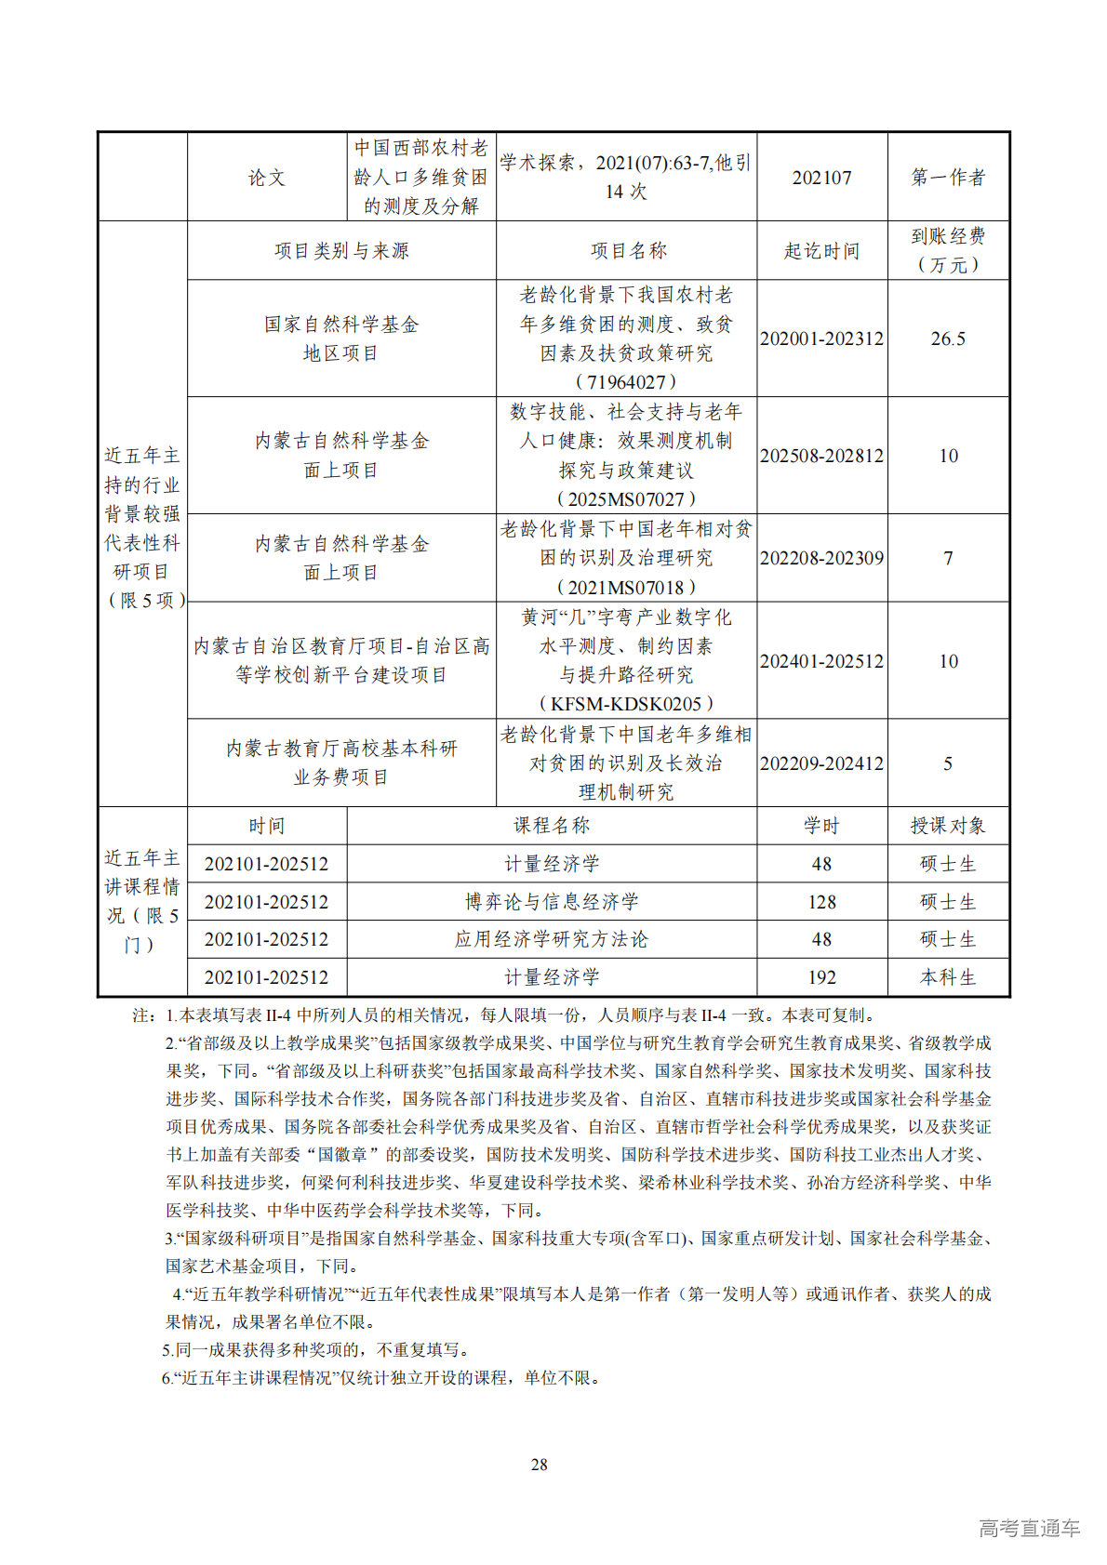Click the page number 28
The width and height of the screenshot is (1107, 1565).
pos(539,1465)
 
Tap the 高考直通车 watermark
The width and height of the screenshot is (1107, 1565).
pos(1029,1528)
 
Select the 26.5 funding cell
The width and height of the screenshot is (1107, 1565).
pos(948,338)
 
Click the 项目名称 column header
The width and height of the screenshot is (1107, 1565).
pos(629,251)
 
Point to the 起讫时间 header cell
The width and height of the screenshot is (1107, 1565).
pos(821,251)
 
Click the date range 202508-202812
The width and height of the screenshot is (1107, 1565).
pos(821,456)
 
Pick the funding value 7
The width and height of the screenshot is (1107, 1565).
pos(948,558)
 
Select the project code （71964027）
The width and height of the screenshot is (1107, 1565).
pos(626,382)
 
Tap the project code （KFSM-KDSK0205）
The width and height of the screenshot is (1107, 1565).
pos(626,704)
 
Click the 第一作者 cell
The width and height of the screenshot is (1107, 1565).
pos(948,177)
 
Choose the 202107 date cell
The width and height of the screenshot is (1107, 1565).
pos(821,178)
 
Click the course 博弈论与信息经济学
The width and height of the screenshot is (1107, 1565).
pos(552,902)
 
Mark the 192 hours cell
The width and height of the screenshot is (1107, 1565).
pos(821,977)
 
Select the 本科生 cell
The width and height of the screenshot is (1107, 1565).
pos(948,977)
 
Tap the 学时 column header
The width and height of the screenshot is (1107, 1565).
pos(821,826)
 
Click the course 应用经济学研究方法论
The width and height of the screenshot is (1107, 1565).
pos(552,939)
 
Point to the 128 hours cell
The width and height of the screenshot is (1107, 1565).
pos(821,902)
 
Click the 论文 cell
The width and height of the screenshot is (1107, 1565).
pos(267,178)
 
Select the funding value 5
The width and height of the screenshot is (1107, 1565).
pos(948,763)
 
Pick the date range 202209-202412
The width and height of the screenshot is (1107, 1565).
pos(821,763)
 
